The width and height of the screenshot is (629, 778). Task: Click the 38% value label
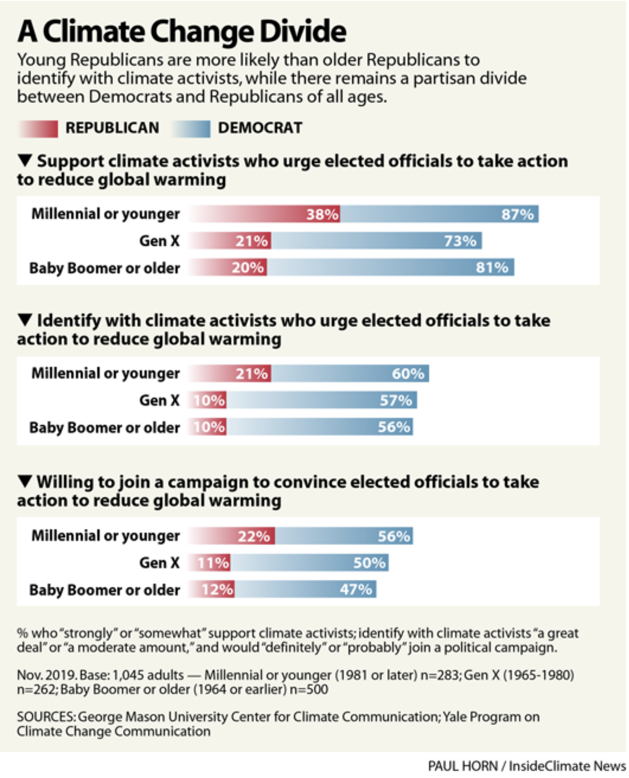coord(322,214)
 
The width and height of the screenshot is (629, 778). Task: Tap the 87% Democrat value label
coord(517,214)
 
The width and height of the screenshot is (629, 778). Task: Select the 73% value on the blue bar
coord(460,241)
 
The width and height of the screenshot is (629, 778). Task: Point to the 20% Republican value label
coord(248,268)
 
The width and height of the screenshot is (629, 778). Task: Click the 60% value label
coord(408,374)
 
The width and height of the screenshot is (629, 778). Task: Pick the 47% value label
coord(356,590)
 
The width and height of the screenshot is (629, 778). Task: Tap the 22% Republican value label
coord(254,536)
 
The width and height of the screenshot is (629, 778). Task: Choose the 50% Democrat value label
coord(369,563)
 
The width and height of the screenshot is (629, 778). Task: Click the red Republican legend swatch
coord(38,128)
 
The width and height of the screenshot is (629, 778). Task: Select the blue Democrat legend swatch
coord(191,128)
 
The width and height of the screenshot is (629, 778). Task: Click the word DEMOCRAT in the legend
coord(260,128)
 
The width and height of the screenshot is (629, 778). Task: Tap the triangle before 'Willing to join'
coord(25,481)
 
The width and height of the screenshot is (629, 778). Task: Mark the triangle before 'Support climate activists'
coord(25,160)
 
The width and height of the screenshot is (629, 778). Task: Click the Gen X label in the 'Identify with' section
coord(159,400)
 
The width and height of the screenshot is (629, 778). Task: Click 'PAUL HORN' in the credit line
coord(463,766)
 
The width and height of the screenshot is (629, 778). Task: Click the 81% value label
coord(492,268)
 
